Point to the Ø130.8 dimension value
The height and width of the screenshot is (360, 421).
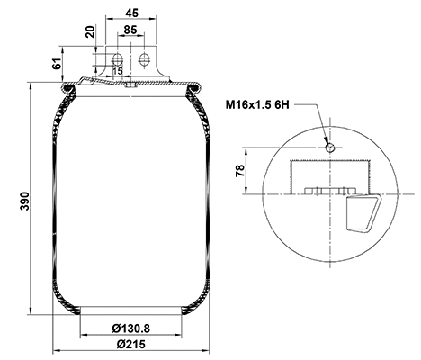pyautogui.click(x=130, y=327)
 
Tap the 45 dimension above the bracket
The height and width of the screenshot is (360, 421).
pyautogui.click(x=130, y=13)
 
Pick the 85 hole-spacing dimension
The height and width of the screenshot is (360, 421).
pyautogui.click(x=130, y=30)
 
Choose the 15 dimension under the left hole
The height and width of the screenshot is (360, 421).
pyautogui.click(x=118, y=71)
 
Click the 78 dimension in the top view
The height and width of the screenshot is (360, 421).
pyautogui.click(x=237, y=171)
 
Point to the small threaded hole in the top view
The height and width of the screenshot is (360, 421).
pyautogui.click(x=330, y=148)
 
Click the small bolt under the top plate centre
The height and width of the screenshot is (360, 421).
pyautogui.click(x=130, y=86)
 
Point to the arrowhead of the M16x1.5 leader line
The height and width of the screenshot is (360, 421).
pyautogui.click(x=327, y=142)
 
